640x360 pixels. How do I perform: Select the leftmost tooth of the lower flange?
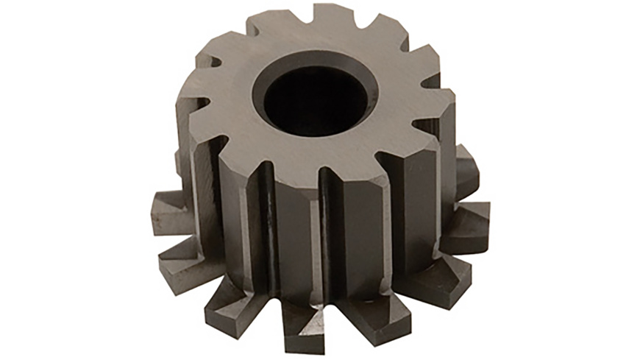pyautogui.click(x=171, y=213)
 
